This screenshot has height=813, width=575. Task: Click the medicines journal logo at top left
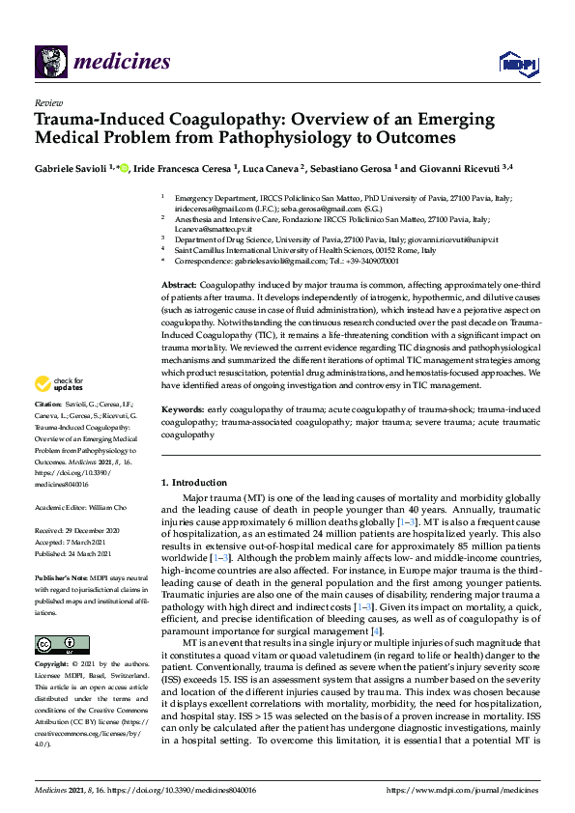102,64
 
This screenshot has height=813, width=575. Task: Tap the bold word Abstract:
178,287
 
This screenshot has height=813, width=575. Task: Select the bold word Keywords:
182,410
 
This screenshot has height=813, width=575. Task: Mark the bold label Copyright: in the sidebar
52,665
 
